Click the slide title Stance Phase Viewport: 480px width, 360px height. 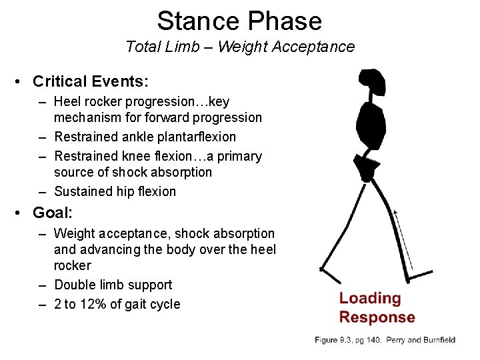[x=239, y=21]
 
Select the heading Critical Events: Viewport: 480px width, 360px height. [x=91, y=81]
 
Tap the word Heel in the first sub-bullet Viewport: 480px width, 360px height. [x=67, y=102]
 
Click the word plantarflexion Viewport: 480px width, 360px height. [x=197, y=137]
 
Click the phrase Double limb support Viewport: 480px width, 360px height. [x=113, y=285]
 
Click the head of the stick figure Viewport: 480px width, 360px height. [x=372, y=83]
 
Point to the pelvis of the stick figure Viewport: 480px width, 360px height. [x=366, y=164]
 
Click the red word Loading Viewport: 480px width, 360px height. [x=370, y=298]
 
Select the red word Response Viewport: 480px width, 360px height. [x=377, y=317]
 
